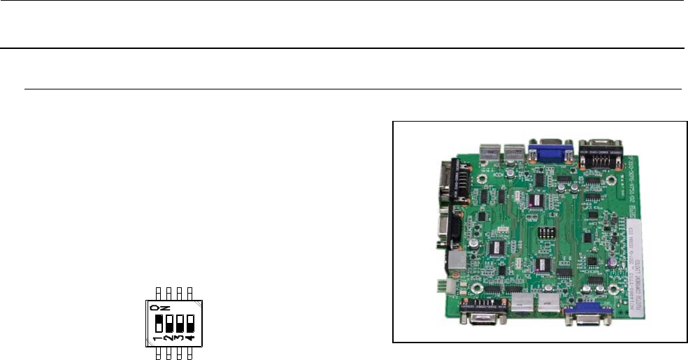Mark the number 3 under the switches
tap(178, 340)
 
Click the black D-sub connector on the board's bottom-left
tap(483, 312)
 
